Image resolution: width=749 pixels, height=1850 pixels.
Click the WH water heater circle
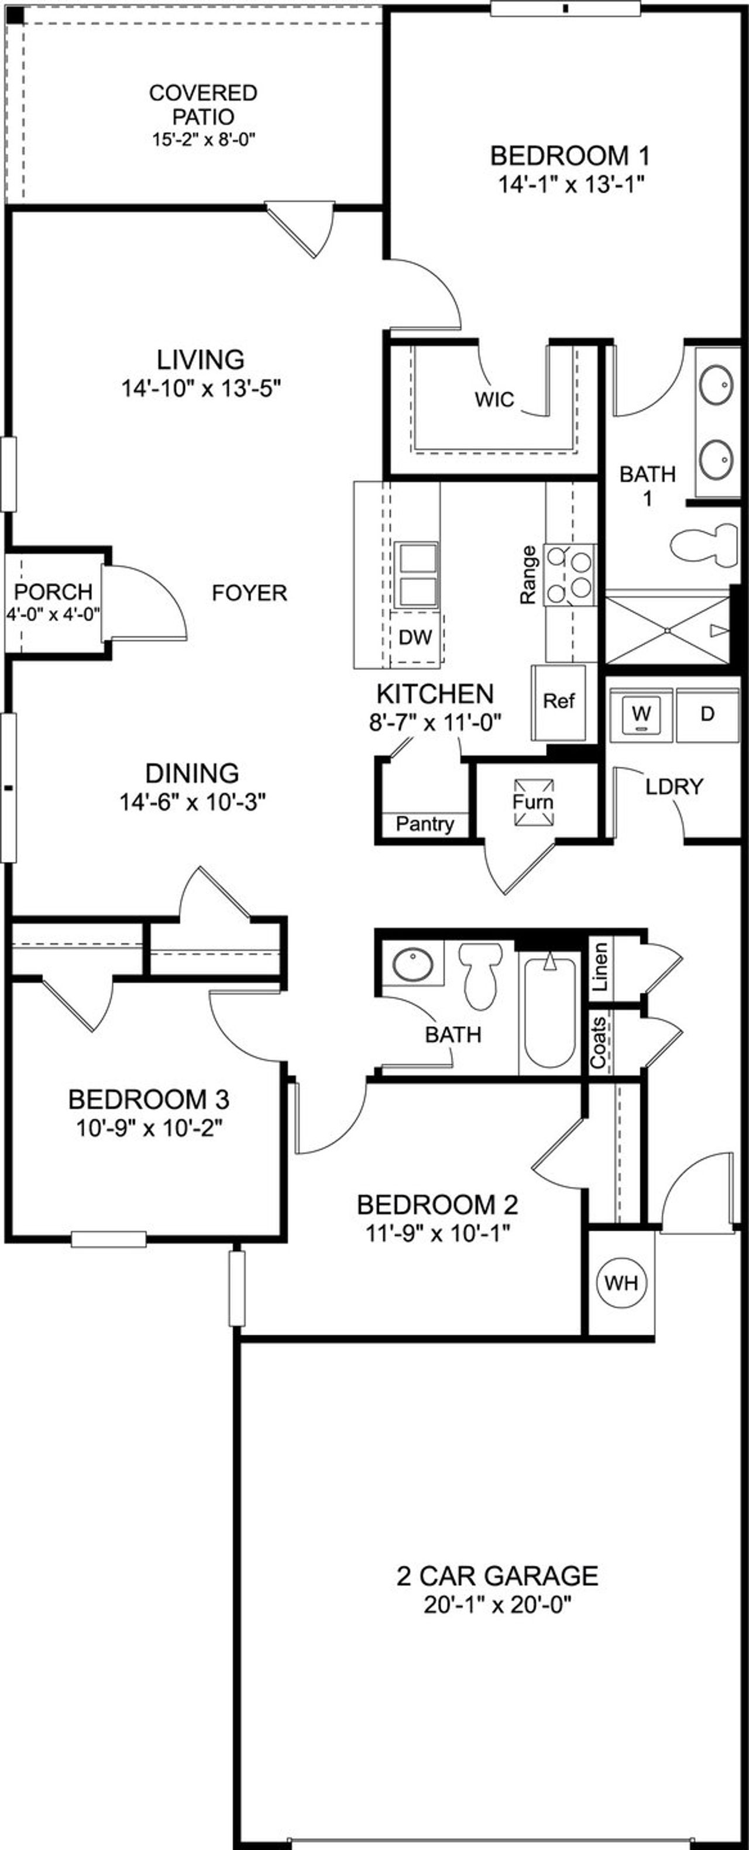point(621,1282)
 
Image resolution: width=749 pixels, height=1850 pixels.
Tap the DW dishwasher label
point(415,637)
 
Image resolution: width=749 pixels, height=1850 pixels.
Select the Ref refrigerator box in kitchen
point(558,702)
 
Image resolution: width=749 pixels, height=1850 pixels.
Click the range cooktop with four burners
point(570,575)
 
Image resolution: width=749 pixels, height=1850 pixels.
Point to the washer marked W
point(641,714)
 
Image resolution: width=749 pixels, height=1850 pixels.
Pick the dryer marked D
point(707,714)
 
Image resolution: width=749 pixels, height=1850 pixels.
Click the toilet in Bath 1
point(705,545)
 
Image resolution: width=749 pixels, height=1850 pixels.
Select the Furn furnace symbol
point(533,802)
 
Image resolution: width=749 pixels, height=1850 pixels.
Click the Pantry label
point(424,824)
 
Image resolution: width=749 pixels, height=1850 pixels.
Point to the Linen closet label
point(600,967)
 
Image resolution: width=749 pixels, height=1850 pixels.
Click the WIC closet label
point(494,399)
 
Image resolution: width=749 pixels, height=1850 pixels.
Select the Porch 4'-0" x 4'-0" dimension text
point(53,615)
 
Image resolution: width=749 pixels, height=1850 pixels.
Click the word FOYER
point(249,593)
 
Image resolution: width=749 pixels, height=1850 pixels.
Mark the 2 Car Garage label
point(497,1576)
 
